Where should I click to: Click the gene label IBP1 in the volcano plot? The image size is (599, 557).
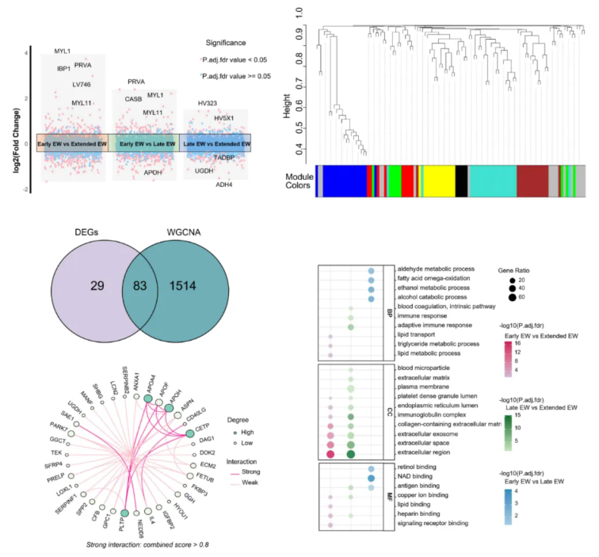click(64, 69)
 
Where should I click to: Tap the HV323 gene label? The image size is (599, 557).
click(208, 103)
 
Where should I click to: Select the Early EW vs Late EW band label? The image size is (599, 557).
click(148, 144)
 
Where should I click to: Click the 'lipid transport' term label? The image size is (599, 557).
click(417, 335)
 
